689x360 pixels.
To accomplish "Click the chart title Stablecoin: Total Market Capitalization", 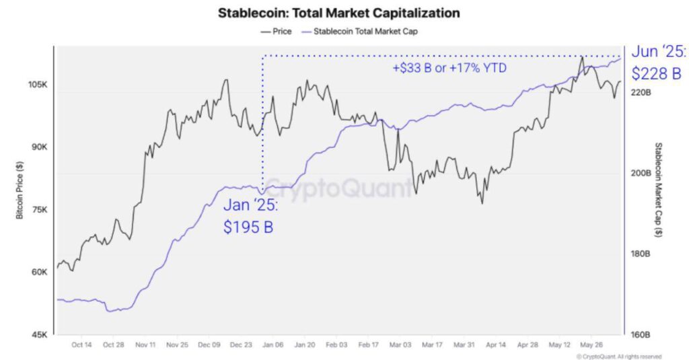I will pos(339,13).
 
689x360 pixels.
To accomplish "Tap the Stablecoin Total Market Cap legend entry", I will pos(363,31).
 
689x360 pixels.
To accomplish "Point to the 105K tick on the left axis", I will pos(37,85).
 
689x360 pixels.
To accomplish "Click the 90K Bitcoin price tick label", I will pos(39,147).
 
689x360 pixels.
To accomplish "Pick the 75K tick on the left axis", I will pos(39,210).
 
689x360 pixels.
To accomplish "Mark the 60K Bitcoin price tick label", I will pos(39,273).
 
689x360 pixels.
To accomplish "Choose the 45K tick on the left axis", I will pos(39,334).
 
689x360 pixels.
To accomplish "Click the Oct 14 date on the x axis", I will pos(81,345).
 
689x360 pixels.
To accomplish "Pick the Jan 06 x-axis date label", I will pos(273,345).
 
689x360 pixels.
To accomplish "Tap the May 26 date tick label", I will pos(591,345).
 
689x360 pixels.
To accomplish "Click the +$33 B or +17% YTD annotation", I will pos(449,68).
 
